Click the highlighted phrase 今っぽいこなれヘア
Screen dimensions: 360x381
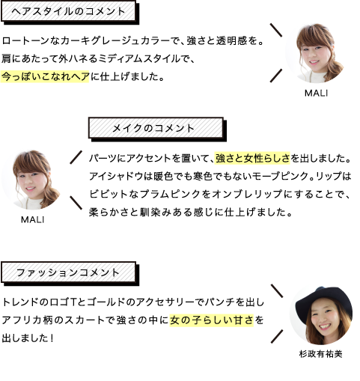45,76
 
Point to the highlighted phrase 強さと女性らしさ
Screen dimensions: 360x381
252,158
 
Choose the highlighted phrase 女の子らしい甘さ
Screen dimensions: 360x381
212,320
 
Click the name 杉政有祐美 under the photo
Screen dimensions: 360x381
320,353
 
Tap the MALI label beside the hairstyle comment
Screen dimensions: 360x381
316,93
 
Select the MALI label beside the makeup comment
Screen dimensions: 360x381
32,219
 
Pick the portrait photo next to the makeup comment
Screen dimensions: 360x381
31,179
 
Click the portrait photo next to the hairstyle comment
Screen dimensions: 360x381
315,53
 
